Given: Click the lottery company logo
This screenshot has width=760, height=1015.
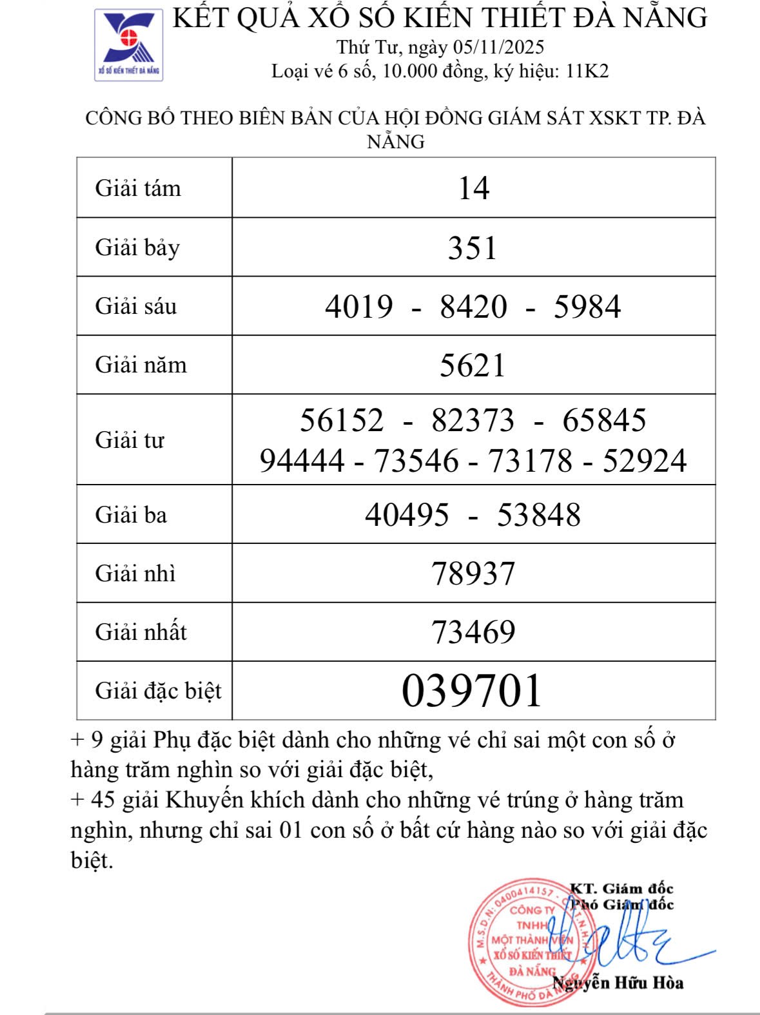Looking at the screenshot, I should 129,44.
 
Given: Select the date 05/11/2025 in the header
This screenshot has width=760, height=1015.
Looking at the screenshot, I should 498,47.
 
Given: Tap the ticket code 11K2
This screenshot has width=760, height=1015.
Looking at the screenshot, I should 587,71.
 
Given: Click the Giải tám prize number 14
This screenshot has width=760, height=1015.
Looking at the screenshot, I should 474,188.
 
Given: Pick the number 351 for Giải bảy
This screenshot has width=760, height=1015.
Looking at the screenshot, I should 473,248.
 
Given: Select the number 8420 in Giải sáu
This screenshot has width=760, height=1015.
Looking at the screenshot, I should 474,307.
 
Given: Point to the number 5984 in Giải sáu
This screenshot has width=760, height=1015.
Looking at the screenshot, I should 587,307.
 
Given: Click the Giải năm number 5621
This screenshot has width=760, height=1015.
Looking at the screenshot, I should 473,365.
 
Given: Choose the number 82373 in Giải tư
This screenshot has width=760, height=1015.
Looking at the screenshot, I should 473,420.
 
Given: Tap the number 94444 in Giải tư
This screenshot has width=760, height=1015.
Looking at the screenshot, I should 302,461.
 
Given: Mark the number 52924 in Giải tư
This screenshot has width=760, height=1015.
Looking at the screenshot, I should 645,461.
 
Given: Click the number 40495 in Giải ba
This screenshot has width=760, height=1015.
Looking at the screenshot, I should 407,515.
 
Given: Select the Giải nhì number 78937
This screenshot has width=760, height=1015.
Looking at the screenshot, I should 473,574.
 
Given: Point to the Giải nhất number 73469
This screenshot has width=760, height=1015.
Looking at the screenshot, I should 473,632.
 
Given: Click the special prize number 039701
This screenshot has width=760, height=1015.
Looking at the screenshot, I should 472,691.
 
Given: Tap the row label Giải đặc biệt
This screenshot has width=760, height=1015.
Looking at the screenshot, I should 158,691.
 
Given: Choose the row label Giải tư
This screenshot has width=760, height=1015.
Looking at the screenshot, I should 130,440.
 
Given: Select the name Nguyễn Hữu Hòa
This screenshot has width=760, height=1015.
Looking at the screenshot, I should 618,983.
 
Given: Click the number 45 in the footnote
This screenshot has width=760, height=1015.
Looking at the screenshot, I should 103,800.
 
